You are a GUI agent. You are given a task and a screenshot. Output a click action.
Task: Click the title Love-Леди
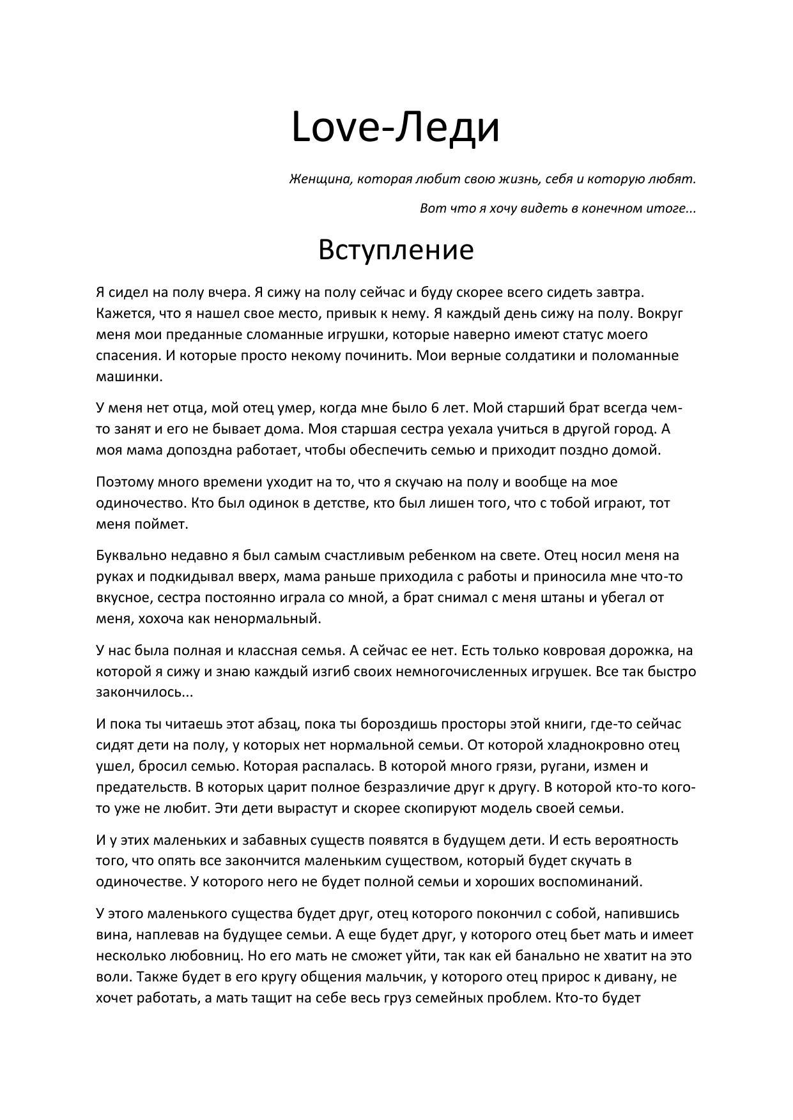pos(395,126)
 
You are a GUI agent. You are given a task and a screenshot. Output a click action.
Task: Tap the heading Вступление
pos(396,250)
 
